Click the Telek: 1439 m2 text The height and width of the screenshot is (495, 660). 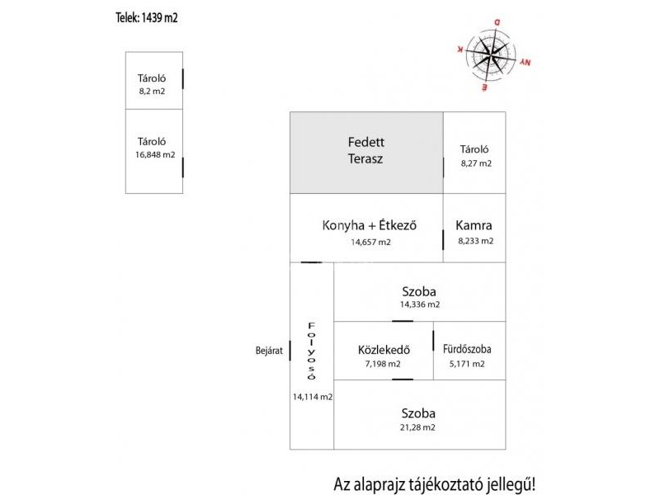pyautogui.click(x=147, y=16)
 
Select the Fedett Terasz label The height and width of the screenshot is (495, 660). pyautogui.click(x=365, y=150)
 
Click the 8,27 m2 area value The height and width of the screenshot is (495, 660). pyautogui.click(x=476, y=164)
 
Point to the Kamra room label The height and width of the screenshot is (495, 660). pyautogui.click(x=474, y=225)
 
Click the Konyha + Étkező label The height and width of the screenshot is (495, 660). pyautogui.click(x=370, y=225)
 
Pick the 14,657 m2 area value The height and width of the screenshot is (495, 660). pyautogui.click(x=370, y=243)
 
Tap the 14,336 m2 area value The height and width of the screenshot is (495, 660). pyautogui.click(x=419, y=304)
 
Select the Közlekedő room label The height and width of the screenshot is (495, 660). pyautogui.click(x=384, y=349)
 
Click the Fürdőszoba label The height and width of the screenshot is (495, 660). pyautogui.click(x=467, y=349)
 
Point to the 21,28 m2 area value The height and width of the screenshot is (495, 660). pyautogui.click(x=418, y=427)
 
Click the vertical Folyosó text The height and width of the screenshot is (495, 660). pyautogui.click(x=311, y=351)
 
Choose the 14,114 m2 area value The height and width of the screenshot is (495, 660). pyautogui.click(x=312, y=397)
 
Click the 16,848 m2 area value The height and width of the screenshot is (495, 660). pyautogui.click(x=155, y=154)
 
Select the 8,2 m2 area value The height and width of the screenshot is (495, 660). pyautogui.click(x=152, y=92)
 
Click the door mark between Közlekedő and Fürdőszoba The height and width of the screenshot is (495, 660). pyautogui.click(x=433, y=339)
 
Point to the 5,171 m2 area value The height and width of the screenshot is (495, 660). pyautogui.click(x=467, y=364)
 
